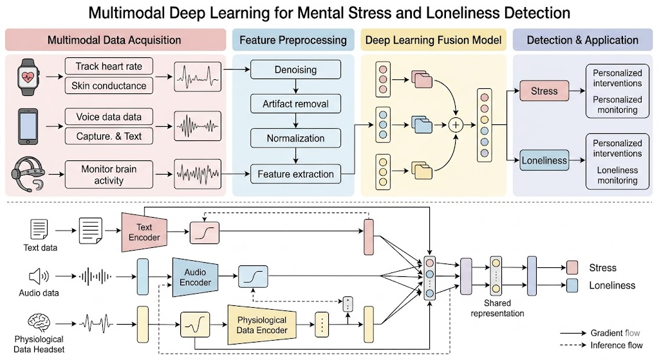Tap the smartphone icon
27,125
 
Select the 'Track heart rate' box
109,66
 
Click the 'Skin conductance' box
109,86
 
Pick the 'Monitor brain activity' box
109,175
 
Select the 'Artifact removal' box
295,103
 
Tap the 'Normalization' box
295,138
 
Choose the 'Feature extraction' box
295,174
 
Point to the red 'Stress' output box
544,91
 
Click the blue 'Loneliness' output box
544,161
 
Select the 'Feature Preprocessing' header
293,40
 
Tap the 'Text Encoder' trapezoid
144,232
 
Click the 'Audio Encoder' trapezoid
195,277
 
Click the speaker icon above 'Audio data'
38,277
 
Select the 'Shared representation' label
497,308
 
